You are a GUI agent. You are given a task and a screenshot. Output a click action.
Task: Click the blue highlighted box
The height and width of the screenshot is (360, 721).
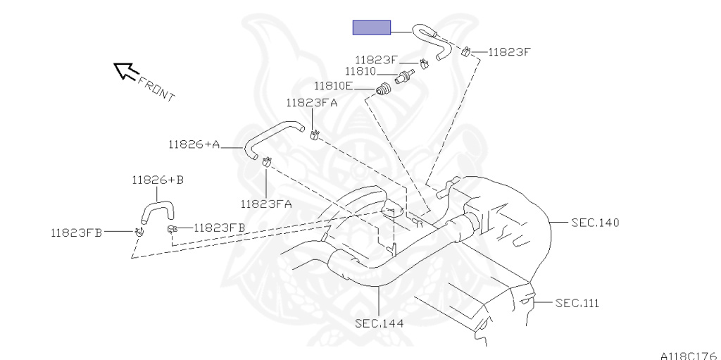[x=372, y=27]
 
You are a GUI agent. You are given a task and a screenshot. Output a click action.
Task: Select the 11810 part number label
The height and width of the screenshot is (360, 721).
[x=360, y=71]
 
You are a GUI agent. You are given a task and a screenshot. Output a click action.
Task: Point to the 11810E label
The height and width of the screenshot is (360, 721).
[x=334, y=86]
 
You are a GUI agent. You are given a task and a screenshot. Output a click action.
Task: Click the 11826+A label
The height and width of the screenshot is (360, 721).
[x=194, y=144]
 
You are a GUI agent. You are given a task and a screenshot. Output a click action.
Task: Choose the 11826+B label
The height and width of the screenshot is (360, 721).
[x=158, y=180]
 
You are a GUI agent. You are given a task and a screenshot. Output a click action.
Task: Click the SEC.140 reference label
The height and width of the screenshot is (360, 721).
[x=595, y=223]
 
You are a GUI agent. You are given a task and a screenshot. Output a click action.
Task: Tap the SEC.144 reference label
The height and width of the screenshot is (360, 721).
[x=380, y=323]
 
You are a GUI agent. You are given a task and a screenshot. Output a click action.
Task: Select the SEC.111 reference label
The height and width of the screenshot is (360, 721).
[x=577, y=303]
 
